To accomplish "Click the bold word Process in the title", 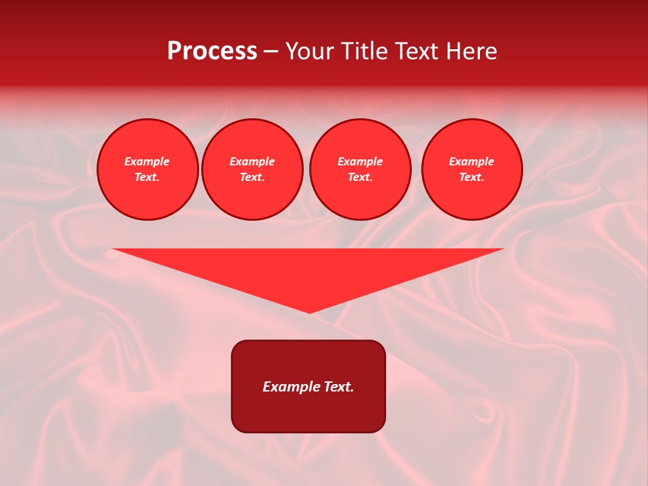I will coord(212,51).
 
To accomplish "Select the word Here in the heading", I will coord(470,51).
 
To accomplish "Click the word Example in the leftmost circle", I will coord(147,161).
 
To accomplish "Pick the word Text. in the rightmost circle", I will coord(471,177).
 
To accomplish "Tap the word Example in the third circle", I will coord(360,161).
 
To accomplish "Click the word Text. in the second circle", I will coord(252,177).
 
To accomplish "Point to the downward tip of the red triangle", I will coord(309,312).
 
